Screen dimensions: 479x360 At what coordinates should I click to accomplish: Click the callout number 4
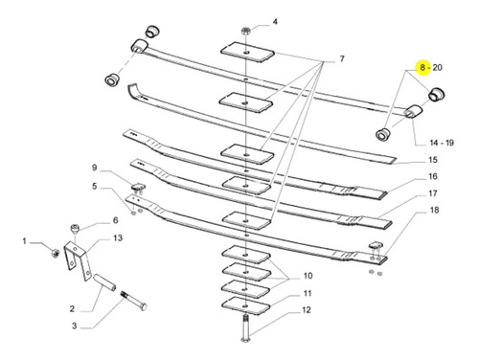tap(275, 22)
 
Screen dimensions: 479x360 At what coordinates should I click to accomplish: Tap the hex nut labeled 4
tap(245, 31)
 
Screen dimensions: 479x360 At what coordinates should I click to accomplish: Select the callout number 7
tap(342, 58)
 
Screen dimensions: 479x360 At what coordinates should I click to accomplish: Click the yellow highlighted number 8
tap(422, 67)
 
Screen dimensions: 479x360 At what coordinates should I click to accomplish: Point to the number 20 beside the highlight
tap(438, 67)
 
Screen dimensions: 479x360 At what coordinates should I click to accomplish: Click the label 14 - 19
tap(442, 143)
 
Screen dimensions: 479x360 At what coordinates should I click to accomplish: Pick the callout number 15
tap(433, 160)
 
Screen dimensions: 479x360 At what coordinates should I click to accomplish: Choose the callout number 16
tap(433, 176)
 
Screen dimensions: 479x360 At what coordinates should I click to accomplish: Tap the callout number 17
tap(433, 193)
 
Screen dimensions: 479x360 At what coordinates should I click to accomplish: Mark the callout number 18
tap(435, 210)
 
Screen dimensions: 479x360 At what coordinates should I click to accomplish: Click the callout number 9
tap(94, 168)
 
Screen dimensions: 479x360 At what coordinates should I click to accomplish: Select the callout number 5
tap(94, 186)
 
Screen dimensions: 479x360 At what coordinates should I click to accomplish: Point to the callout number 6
tap(115, 220)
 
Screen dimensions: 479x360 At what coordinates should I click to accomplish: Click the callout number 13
tap(118, 237)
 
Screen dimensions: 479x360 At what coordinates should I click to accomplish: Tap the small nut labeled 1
tap(55, 253)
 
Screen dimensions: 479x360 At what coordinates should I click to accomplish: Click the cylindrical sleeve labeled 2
tap(104, 283)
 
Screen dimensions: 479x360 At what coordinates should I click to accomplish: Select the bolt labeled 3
tap(134, 301)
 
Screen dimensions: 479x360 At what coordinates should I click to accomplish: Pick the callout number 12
tap(306, 310)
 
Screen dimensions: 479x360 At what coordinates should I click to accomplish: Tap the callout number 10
tap(308, 276)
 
